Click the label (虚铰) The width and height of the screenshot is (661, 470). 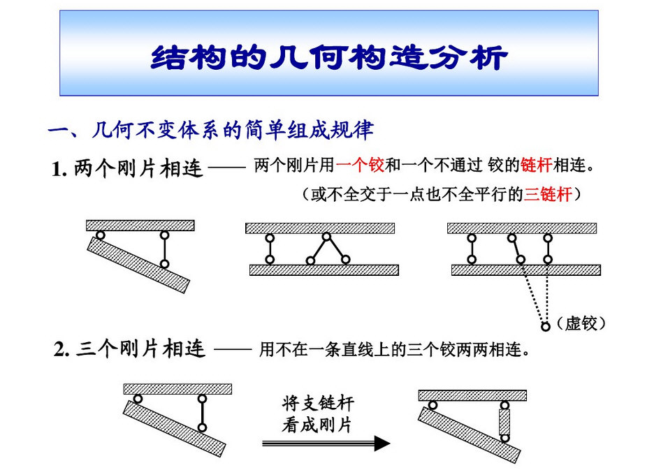tap(580, 324)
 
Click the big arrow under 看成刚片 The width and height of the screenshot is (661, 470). tap(326, 443)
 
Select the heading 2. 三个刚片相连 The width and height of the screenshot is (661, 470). tap(130, 349)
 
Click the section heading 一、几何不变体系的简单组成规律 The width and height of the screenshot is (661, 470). tap(210, 130)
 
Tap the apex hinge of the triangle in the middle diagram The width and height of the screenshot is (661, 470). tap(326, 236)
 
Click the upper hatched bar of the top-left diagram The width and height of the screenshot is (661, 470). tap(140, 225)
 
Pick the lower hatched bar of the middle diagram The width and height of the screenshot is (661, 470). tap(324, 270)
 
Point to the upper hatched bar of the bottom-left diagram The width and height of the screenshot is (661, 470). tap(177, 389)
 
